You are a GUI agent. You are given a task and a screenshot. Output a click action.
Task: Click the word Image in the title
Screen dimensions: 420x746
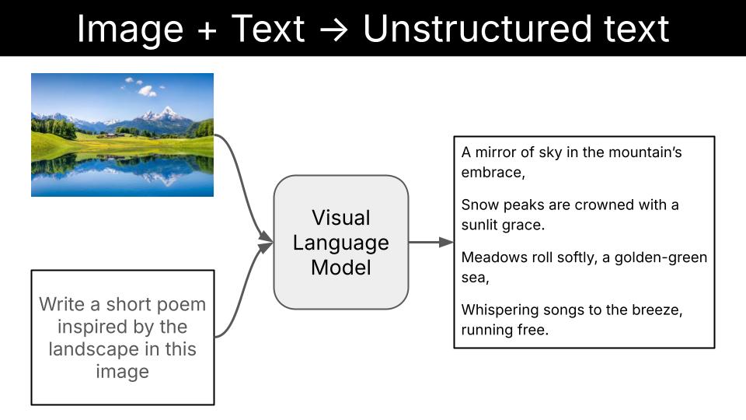pos(131,29)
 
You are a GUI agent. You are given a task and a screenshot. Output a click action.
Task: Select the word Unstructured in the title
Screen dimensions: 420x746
pos(483,29)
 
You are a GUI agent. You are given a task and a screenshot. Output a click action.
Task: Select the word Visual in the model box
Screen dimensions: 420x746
pos(340,217)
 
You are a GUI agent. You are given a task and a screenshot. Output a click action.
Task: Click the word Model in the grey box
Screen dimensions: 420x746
pos(340,268)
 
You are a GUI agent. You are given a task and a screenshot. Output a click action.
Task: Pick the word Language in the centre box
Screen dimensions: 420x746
pos(340,243)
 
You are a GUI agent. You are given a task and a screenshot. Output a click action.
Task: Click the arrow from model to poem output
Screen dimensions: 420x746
pos(431,242)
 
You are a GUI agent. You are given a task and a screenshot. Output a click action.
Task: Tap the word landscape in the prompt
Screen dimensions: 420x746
pos(90,349)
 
